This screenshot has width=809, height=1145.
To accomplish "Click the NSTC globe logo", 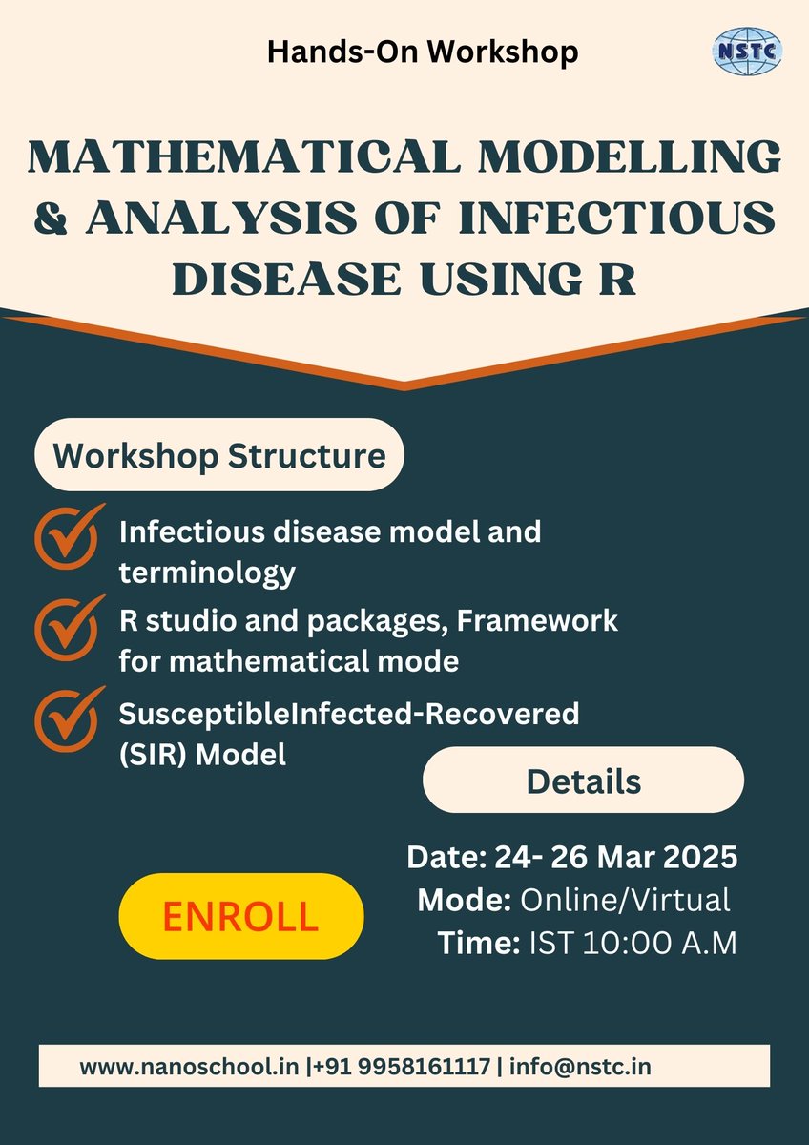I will click(x=748, y=50).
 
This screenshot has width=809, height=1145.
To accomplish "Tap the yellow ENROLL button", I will click(x=240, y=916).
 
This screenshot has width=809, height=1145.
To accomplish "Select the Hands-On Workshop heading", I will click(x=423, y=52).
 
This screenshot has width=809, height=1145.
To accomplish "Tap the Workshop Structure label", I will click(x=219, y=455).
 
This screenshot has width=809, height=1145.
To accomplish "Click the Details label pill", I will click(x=583, y=781).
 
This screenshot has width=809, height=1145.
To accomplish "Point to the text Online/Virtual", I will click(x=624, y=900).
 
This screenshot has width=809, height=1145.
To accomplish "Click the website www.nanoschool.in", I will click(x=189, y=1067).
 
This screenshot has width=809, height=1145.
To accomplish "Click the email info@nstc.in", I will click(x=580, y=1067).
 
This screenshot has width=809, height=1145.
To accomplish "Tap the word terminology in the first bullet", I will click(x=207, y=573).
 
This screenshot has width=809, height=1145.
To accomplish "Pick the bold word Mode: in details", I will click(x=463, y=900).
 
